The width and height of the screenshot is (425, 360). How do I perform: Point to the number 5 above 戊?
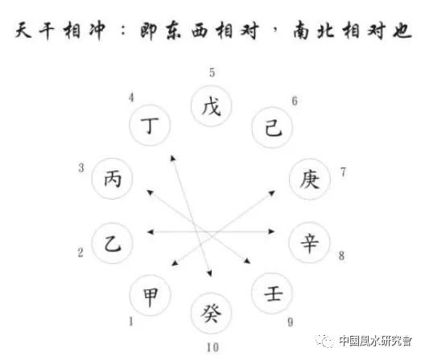click(x=212, y=72)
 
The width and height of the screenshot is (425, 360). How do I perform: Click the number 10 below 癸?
click(x=212, y=347)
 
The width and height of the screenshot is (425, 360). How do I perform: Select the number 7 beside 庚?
click(x=344, y=172)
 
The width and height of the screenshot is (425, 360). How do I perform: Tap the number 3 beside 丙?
click(x=81, y=168)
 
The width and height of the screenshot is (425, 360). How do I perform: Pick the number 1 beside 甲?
click(x=131, y=321)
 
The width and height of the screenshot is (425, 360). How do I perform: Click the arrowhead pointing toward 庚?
click(x=272, y=193)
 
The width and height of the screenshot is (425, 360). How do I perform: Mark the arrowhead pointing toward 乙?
click(x=150, y=232)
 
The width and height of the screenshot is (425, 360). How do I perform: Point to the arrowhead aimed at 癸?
click(x=209, y=273)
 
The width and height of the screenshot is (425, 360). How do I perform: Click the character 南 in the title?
click(x=302, y=30)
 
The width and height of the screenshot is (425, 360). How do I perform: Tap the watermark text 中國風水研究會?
click(x=375, y=341)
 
